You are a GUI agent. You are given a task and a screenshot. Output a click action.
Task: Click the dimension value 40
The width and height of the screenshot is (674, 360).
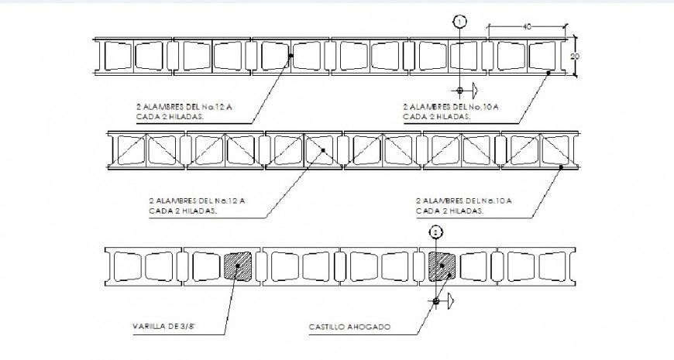point(527,27)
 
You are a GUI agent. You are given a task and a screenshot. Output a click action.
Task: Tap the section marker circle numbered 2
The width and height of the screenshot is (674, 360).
point(436,231)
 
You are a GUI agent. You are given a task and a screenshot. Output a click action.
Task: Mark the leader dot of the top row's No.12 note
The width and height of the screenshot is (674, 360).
point(291,56)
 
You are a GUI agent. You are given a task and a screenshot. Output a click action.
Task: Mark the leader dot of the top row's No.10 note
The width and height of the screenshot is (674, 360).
point(549,73)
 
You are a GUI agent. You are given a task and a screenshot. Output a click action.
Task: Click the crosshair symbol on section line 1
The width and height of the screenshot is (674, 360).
point(460,91)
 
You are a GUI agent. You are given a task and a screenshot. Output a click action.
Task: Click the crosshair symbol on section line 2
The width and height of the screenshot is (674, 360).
point(436,300)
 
